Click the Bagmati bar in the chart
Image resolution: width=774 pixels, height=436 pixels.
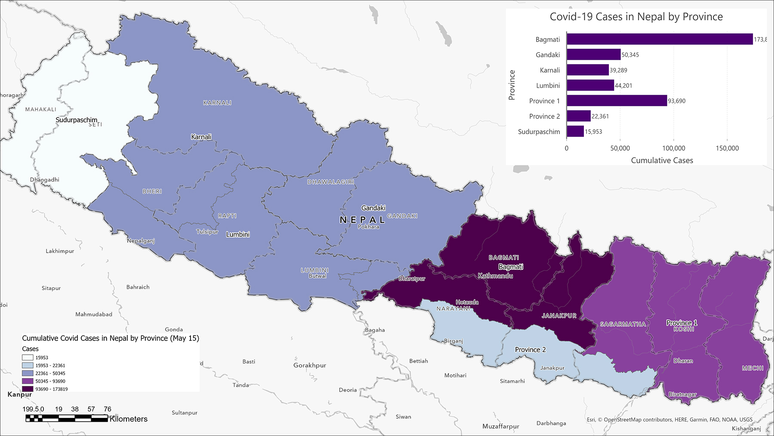(659, 39)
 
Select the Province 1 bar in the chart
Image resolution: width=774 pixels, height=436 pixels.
(617, 101)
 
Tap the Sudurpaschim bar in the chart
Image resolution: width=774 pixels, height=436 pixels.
(575, 131)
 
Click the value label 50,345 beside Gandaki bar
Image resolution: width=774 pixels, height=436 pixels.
(630, 55)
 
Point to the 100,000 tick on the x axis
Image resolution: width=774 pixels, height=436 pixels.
(673, 148)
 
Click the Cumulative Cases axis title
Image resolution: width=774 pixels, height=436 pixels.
(662, 160)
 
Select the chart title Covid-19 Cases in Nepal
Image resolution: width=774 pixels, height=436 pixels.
(636, 17)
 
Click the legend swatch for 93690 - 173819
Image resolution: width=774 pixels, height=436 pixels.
(28, 389)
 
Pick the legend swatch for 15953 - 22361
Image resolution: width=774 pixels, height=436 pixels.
(28, 365)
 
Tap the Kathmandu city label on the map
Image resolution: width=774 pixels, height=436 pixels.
(495, 275)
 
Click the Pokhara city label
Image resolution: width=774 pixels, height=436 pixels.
(369, 226)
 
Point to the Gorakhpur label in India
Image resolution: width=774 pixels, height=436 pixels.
(310, 365)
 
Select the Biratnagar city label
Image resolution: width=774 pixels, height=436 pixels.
(682, 394)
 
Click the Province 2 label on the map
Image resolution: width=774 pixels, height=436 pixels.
(530, 349)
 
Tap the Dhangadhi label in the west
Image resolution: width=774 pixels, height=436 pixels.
(44, 179)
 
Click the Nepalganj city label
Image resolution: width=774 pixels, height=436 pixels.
(141, 241)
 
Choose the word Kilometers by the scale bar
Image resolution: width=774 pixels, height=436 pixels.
(129, 419)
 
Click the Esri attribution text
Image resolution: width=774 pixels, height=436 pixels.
(670, 419)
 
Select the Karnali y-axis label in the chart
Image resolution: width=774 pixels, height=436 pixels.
(550, 70)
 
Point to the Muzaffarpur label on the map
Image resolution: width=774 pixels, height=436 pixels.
(501, 426)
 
